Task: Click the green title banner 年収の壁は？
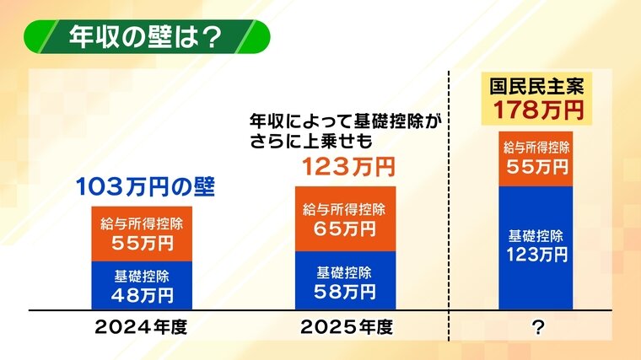click(x=147, y=37)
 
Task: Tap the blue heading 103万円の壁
click(x=145, y=187)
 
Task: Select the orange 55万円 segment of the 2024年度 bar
click(x=142, y=234)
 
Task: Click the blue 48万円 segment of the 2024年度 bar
click(x=142, y=286)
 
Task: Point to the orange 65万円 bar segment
click(x=346, y=219)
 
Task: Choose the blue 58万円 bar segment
click(x=346, y=281)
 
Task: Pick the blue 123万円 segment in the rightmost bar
click(x=536, y=248)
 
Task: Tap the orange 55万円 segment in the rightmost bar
click(x=536, y=159)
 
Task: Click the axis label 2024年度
click(x=141, y=327)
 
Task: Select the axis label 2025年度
click(x=347, y=327)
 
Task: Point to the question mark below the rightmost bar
click(x=538, y=327)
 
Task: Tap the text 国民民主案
click(x=537, y=87)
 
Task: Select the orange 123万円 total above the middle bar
click(x=348, y=167)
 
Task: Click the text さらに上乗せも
click(x=311, y=141)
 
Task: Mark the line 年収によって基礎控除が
click(x=346, y=121)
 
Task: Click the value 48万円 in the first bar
click(x=143, y=295)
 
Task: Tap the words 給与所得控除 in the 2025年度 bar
click(x=344, y=210)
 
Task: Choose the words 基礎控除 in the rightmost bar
click(x=536, y=236)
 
